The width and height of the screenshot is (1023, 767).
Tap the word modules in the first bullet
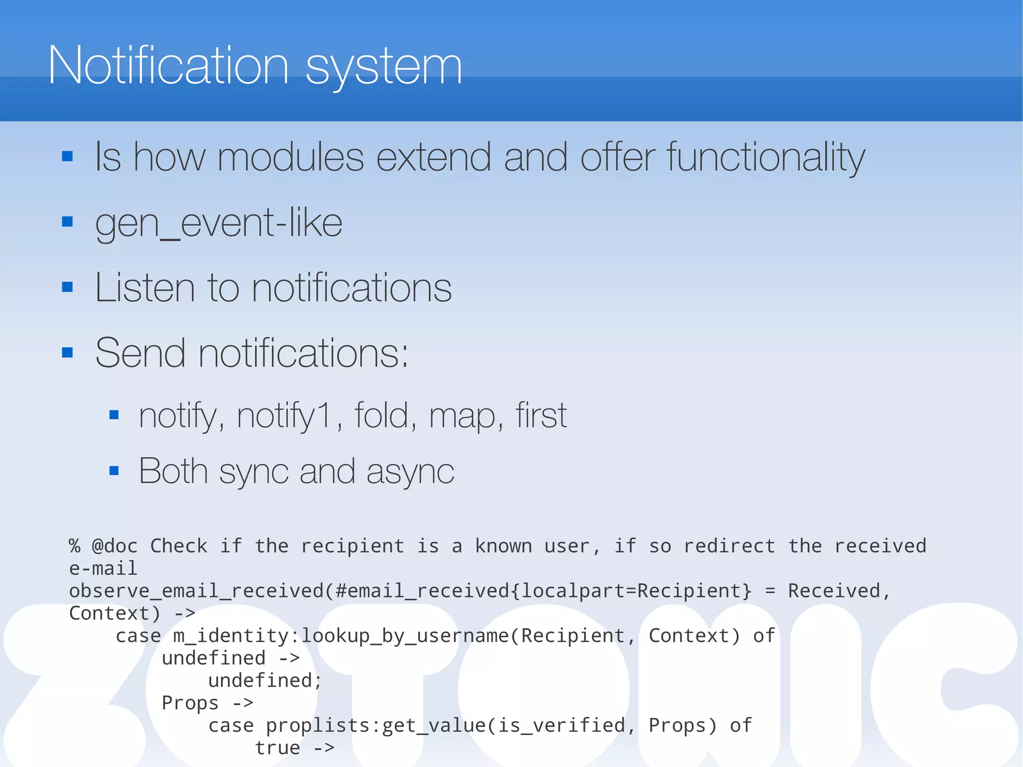(x=290, y=157)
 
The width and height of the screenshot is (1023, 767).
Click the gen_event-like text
(x=218, y=223)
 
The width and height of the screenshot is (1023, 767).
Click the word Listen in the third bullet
(x=144, y=288)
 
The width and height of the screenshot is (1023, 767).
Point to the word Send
(x=140, y=353)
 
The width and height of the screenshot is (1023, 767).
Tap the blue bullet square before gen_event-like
(x=67, y=221)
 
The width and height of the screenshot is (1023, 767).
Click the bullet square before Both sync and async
(x=114, y=470)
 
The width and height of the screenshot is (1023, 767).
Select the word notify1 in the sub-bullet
(x=283, y=416)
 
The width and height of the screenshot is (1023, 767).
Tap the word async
(x=410, y=472)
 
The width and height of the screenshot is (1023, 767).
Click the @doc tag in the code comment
(x=114, y=546)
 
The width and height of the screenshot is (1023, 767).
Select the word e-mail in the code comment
(x=103, y=568)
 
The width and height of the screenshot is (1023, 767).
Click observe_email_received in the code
(x=196, y=591)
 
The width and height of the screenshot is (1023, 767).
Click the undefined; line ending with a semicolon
(x=265, y=681)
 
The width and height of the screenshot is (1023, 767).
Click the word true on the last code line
(x=277, y=748)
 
